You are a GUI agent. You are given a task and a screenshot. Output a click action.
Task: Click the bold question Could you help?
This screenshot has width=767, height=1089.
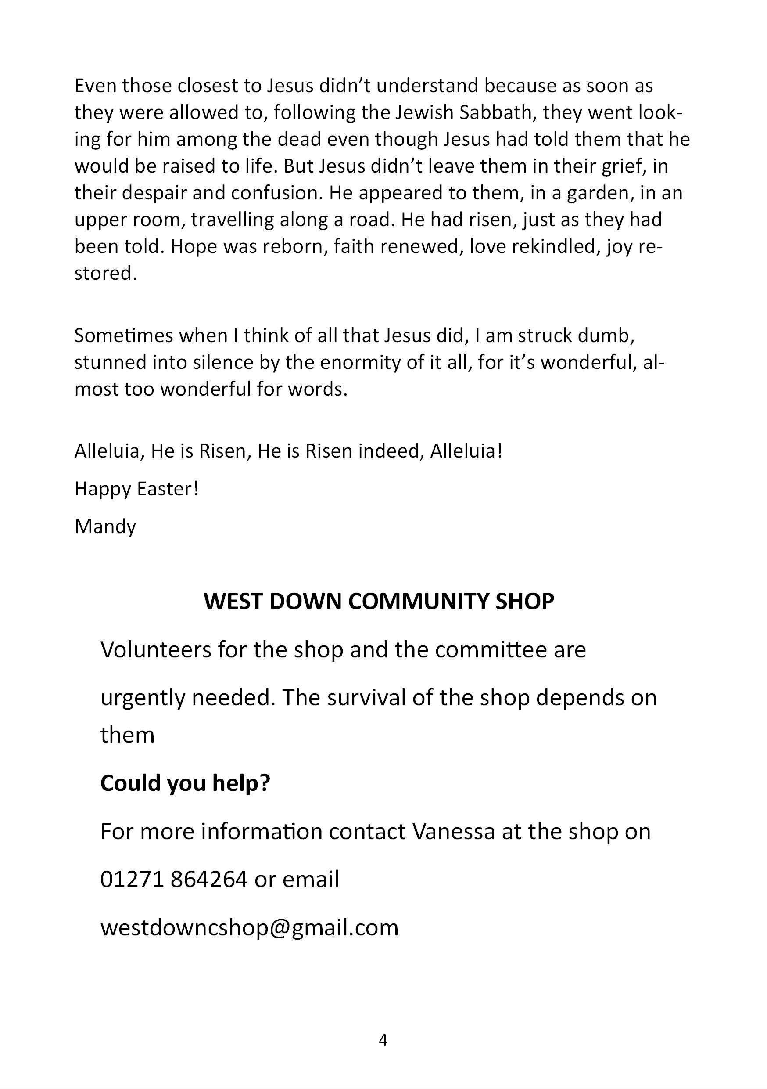(x=185, y=783)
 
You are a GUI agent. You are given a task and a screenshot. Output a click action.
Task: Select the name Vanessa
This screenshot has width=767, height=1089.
(x=454, y=831)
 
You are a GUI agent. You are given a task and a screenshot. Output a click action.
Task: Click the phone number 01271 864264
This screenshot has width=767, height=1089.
(x=174, y=880)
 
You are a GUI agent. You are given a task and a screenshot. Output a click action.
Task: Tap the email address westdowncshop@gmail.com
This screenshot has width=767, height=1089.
(x=250, y=928)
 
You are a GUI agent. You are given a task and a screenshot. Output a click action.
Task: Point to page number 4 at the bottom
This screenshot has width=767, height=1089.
(x=383, y=1040)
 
